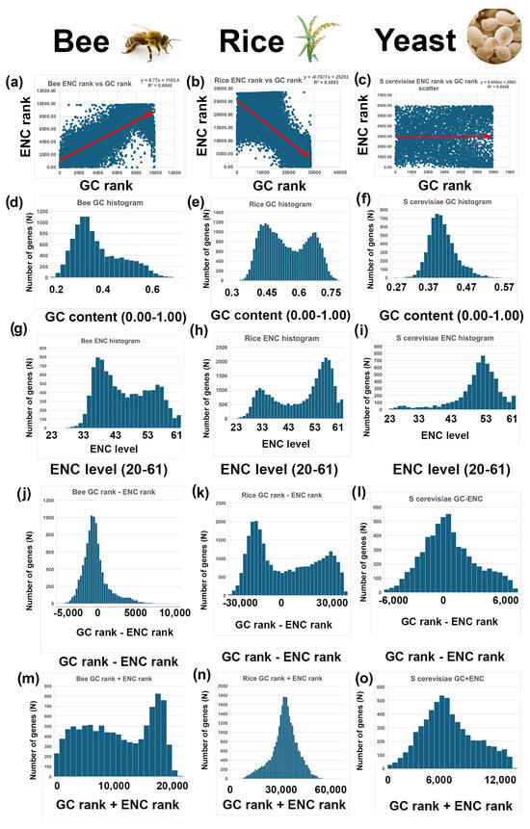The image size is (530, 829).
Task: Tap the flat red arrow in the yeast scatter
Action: [442, 137]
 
